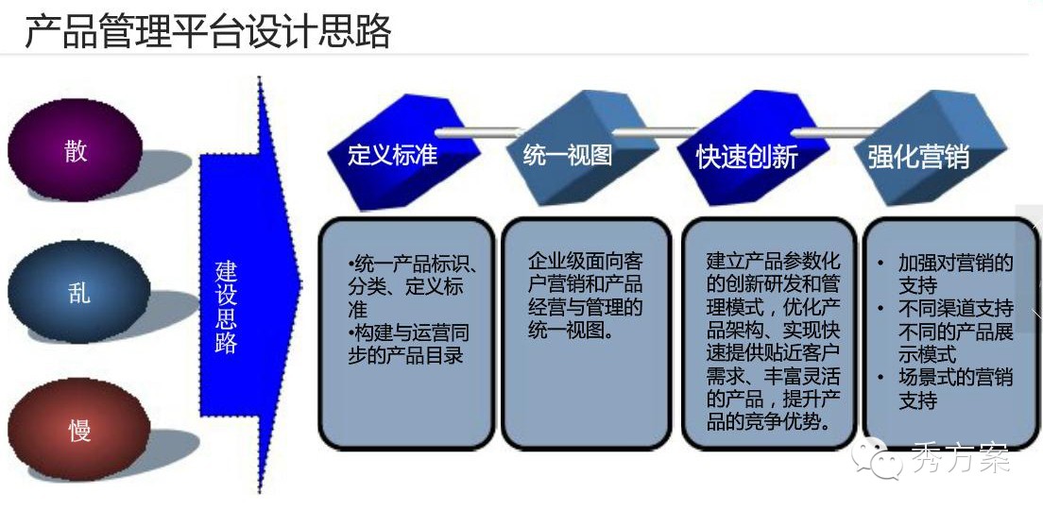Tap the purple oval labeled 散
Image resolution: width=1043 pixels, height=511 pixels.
[x=76, y=149]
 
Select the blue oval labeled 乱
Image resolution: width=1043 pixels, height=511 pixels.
[x=78, y=292]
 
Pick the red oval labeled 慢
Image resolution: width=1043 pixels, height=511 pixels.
[x=78, y=430]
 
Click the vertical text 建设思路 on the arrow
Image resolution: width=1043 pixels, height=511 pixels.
[x=226, y=307]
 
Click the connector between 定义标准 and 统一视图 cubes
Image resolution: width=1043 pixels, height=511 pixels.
[x=479, y=132]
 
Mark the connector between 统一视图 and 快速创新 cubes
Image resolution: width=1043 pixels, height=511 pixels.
[x=656, y=132]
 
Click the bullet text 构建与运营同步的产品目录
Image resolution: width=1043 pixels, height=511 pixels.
[x=408, y=343]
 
